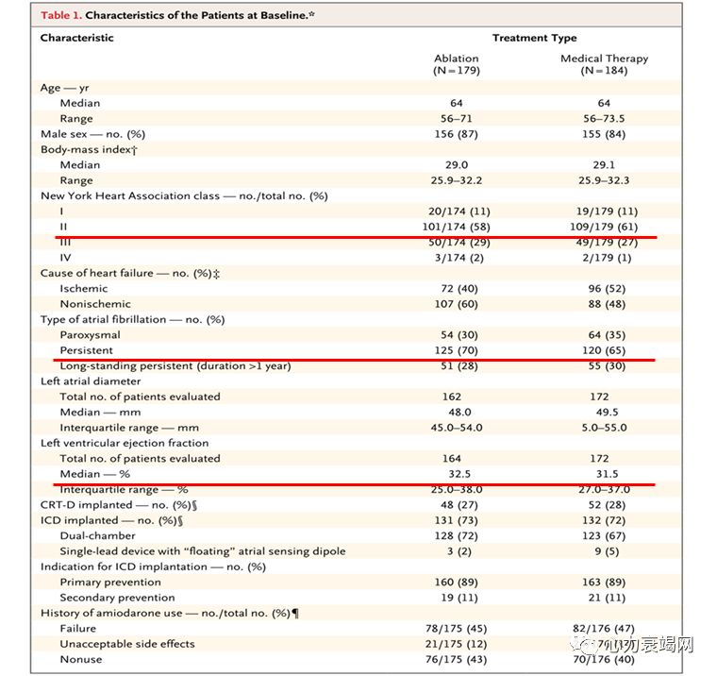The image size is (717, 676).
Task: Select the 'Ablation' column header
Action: pos(456,59)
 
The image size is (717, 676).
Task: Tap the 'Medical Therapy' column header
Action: pos(604,59)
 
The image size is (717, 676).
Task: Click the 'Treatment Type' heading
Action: pos(534,38)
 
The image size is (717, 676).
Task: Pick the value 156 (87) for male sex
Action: pos(456,134)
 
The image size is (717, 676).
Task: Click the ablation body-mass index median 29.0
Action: pos(456,165)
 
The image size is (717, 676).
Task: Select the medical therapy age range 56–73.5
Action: pos(604,119)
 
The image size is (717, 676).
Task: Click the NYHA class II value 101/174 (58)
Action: pos(456,227)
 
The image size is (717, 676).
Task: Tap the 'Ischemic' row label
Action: pos(84,289)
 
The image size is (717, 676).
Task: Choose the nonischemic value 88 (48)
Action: pos(604,304)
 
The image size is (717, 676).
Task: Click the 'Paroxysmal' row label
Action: pos(91,335)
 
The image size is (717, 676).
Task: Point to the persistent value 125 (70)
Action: pos(456,350)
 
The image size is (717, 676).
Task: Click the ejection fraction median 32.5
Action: pos(456,474)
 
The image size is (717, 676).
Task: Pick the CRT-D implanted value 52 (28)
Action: pos(604,505)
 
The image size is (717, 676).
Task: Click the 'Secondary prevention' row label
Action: pos(117,598)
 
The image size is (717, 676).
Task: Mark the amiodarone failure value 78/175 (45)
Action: pos(456,628)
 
